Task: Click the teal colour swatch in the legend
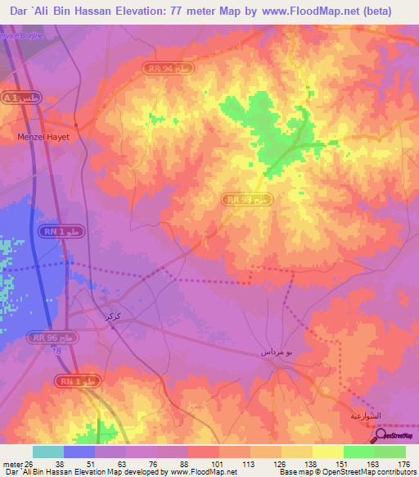click(x=48, y=452)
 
